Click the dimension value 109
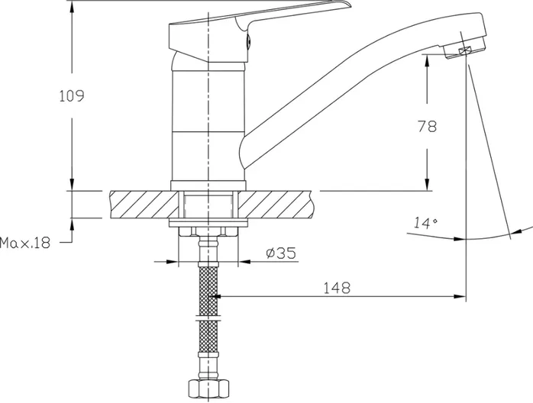[72, 96]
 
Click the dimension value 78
[427, 127]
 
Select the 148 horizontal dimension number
[336, 288]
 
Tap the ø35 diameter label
[281, 253]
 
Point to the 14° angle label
[425, 223]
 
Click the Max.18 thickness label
[24, 243]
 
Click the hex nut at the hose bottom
[208, 388]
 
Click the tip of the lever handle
[350, 5]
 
